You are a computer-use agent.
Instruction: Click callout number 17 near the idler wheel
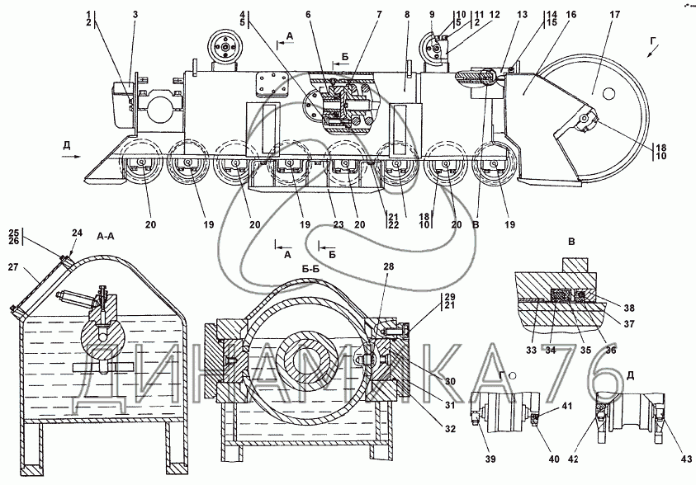[614, 15]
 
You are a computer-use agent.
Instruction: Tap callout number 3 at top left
[135, 15]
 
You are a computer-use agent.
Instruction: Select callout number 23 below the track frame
[339, 224]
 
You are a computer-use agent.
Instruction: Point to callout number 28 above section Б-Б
[389, 267]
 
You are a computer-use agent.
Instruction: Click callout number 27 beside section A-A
[13, 266]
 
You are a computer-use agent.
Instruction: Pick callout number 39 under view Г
[490, 459]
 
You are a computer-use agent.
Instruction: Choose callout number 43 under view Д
[686, 459]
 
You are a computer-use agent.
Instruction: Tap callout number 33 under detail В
[532, 351]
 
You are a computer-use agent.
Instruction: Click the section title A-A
[106, 237]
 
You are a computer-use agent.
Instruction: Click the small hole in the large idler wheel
[609, 93]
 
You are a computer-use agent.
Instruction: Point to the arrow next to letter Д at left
[71, 157]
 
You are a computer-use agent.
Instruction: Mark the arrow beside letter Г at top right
[651, 53]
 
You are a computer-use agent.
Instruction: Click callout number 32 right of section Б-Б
[451, 429]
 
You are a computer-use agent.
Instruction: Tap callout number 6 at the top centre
[308, 15]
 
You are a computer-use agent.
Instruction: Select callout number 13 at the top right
[522, 15]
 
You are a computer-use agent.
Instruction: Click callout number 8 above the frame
[407, 15]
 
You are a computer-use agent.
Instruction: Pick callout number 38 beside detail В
[629, 308]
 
